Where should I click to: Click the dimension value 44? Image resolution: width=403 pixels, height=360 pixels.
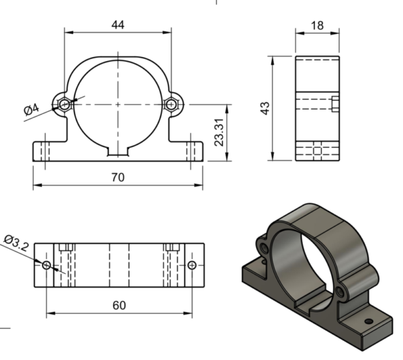[x=118, y=24]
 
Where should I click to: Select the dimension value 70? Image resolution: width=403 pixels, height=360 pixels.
[x=118, y=178]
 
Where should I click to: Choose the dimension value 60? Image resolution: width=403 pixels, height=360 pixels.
[x=119, y=305]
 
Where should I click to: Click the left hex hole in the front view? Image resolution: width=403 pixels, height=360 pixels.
[x=64, y=105]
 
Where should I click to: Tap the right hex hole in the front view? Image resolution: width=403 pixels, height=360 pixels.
[x=171, y=105]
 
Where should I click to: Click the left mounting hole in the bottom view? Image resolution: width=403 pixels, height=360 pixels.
[x=46, y=265]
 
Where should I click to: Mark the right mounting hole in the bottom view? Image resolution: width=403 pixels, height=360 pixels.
[x=192, y=265]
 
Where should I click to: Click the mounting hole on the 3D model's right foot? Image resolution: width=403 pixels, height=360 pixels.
[x=368, y=321]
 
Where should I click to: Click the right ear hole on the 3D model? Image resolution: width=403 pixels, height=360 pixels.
[x=343, y=291]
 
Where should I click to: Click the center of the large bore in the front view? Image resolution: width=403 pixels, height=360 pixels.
[x=118, y=105]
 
